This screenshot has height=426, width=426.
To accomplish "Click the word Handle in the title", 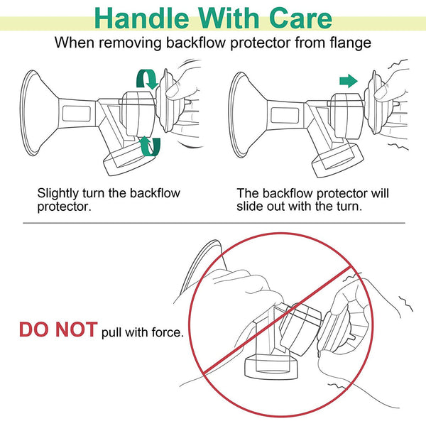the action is tap(141, 18).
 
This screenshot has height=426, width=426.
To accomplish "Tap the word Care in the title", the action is tap(301, 18).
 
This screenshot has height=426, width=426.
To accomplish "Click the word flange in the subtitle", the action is tap(351, 43).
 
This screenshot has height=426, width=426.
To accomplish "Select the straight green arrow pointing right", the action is tap(349, 81).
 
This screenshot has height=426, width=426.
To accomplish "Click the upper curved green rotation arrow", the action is tap(148, 78).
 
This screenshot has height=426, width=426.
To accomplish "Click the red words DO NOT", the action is tap(58, 329).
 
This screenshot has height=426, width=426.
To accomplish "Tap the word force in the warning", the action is tap(166, 332).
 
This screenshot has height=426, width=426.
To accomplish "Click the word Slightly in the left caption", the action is tap(58, 194).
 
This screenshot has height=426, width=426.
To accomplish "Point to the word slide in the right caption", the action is tap(250, 206).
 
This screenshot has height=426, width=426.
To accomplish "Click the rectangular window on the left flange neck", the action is tap(77, 114).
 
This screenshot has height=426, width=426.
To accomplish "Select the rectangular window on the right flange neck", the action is tap(285, 115).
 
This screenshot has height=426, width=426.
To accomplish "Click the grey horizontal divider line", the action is tap(214, 223).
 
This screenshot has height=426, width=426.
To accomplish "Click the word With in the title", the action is tap(229, 18).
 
